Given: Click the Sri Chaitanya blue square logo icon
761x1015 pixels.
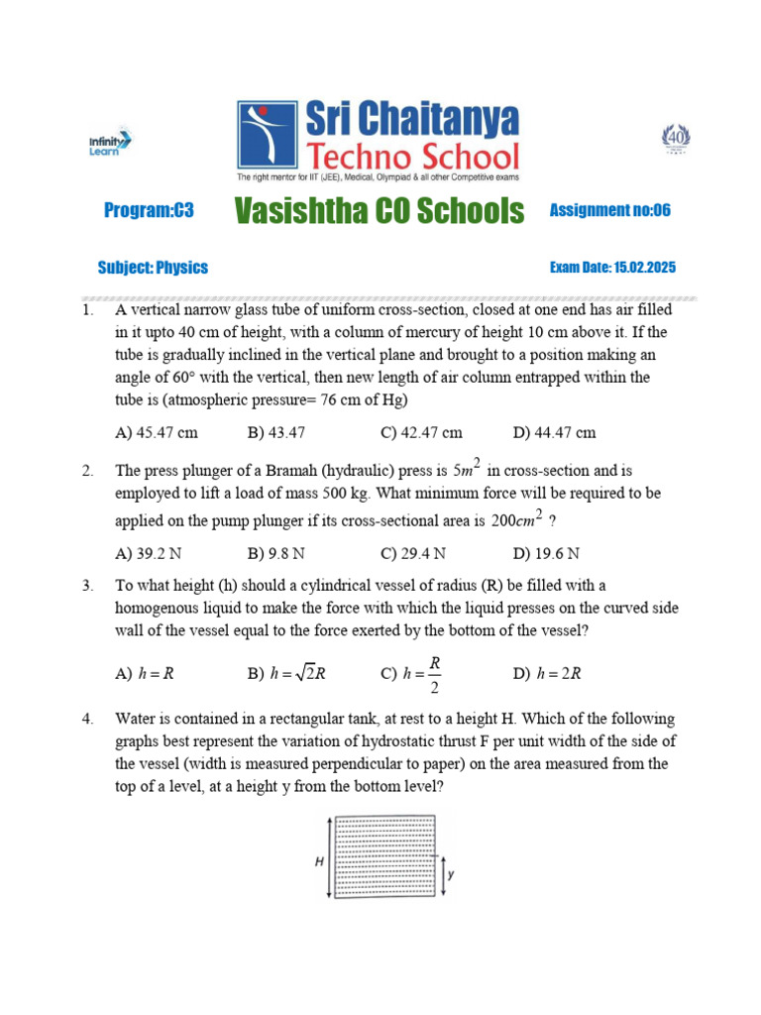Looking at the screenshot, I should (267, 136).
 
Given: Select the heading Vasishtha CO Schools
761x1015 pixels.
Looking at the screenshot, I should (380, 211).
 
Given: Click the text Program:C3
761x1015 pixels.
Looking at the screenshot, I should (149, 211).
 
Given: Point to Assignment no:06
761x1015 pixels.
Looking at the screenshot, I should (609, 210).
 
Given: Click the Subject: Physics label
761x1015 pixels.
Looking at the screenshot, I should (153, 268).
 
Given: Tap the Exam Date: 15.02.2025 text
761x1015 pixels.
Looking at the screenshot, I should (612, 268).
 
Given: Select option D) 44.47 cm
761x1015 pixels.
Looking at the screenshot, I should (555, 433).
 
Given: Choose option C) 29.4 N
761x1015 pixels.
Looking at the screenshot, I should (413, 553).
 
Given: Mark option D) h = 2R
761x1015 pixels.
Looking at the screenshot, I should (547, 673).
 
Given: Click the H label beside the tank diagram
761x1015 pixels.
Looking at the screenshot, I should (320, 861).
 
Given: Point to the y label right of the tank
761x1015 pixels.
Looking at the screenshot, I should (451, 875).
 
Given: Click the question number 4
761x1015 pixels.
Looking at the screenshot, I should (87, 719).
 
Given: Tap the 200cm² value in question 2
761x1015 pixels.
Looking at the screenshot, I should (521, 519).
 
